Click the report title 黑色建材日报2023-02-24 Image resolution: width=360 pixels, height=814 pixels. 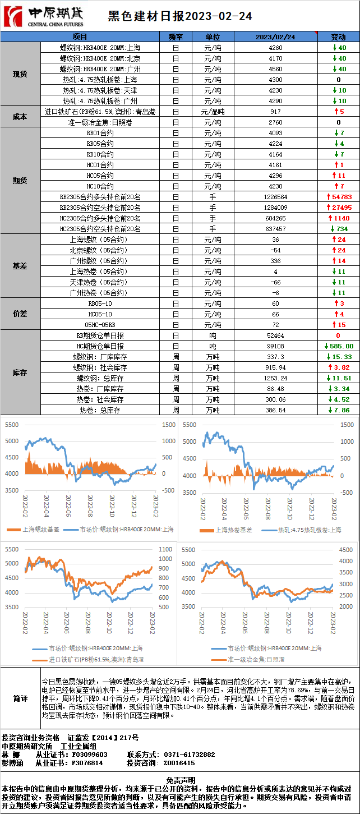click(x=180, y=16)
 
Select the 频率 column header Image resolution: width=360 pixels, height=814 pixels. click(x=176, y=37)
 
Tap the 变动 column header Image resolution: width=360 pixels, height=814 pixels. click(x=338, y=37)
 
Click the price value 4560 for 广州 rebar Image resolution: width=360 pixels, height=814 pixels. click(x=276, y=69)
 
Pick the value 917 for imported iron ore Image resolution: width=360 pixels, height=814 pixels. click(x=276, y=112)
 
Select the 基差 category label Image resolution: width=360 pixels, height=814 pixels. click(x=20, y=266)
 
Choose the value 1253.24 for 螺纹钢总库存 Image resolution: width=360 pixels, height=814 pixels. click(x=276, y=379)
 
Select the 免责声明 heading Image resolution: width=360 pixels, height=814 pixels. click(x=180, y=780)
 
